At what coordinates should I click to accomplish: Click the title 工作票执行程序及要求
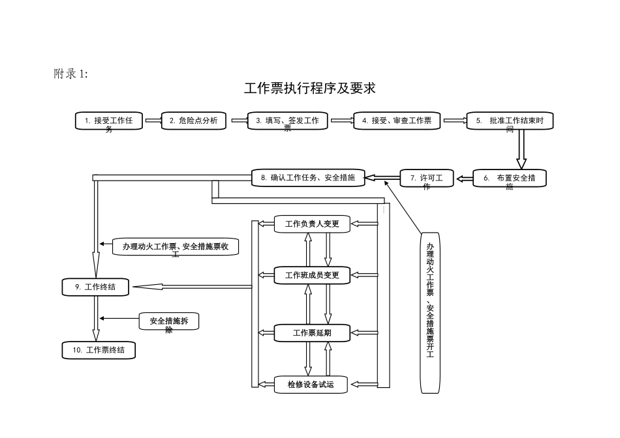point(310,88)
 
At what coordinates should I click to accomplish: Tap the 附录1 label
point(70,74)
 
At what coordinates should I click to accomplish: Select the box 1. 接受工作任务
point(109,121)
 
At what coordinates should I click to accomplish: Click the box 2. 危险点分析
point(194,121)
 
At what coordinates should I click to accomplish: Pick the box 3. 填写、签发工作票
point(287,121)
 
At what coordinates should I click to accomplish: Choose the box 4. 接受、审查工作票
point(397,121)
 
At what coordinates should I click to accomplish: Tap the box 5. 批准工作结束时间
point(510,121)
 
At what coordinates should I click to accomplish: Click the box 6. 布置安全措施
point(509,179)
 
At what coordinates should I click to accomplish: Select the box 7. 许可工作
point(426,179)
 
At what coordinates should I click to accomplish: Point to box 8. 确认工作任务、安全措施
point(308,177)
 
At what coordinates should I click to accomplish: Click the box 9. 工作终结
point(95,286)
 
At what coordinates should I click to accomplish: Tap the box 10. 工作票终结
point(99,350)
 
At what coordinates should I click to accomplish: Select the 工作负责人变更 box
point(311,224)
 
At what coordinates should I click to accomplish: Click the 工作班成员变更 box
point(311,275)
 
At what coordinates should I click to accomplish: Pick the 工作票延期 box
point(311,332)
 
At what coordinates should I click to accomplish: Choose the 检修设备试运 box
point(311,385)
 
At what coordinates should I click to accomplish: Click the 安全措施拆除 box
point(169,321)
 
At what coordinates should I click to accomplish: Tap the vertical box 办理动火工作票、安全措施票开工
point(430,313)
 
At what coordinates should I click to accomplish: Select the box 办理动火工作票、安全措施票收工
point(176,246)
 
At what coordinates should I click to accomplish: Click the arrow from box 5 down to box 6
point(521,150)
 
